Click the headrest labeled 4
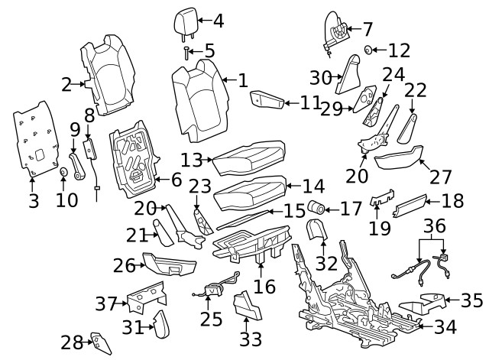186,21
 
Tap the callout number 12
399,51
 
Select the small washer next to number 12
369,50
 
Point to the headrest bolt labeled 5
186,52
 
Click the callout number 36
434,227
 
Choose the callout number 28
71,341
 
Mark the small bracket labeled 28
99,342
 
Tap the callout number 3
33,202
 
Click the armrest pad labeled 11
267,99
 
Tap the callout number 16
264,286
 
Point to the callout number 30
322,77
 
